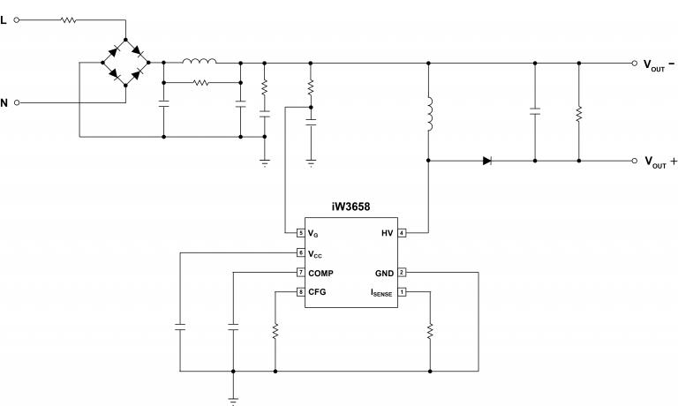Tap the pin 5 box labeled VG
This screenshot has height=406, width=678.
[301, 233]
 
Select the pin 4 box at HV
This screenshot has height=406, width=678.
[401, 233]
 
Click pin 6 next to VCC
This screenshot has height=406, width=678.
[301, 253]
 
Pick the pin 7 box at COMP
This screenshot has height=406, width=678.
[301, 273]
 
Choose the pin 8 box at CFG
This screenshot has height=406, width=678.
[301, 292]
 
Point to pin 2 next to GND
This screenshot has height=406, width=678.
[401, 273]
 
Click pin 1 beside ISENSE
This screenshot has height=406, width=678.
[401, 292]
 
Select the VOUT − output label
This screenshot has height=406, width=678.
[659, 64]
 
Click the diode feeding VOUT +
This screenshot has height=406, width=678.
[486, 161]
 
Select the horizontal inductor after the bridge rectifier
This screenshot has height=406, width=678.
[200, 63]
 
